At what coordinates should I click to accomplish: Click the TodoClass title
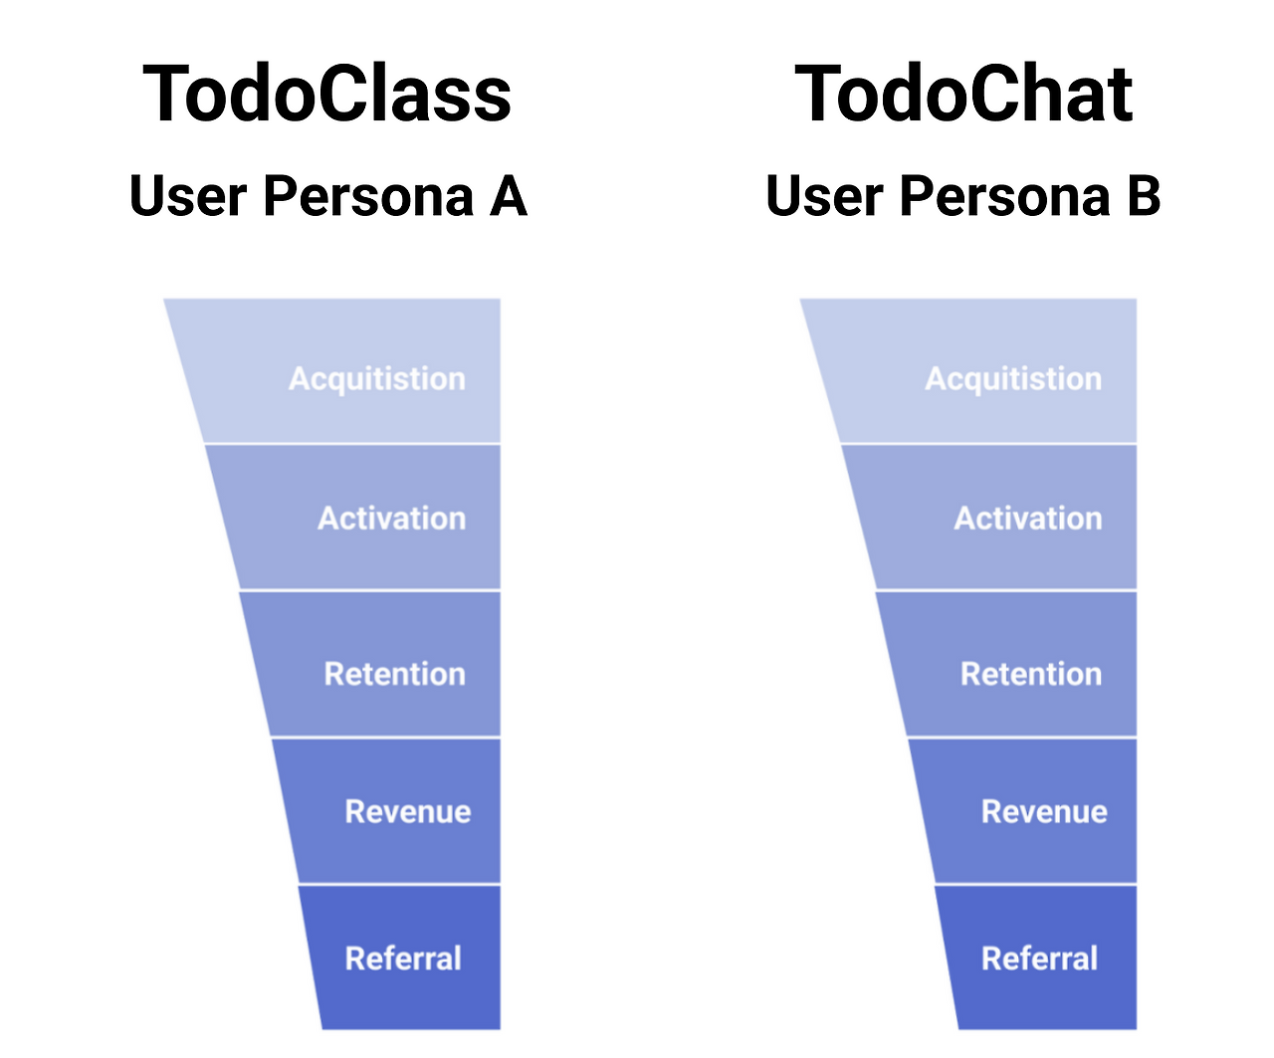tap(326, 94)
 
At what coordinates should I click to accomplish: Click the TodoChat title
tap(963, 94)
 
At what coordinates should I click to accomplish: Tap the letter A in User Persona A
tap(508, 195)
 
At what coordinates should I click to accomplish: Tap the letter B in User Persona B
tap(1144, 195)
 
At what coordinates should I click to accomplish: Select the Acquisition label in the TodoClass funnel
tap(377, 378)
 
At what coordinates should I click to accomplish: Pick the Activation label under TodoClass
tap(391, 518)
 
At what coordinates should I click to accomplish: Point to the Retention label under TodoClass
tap(394, 674)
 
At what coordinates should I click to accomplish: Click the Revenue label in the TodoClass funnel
tap(407, 811)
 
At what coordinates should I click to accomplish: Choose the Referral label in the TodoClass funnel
tap(403, 957)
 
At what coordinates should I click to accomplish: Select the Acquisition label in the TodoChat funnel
tap(1013, 378)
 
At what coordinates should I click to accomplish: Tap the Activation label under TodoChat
tap(1028, 518)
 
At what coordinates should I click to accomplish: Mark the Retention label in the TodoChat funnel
tap(1031, 674)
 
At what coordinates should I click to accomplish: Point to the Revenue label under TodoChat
tap(1044, 811)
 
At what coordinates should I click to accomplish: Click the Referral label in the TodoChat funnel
tap(1040, 957)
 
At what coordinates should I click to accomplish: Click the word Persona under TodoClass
tap(368, 195)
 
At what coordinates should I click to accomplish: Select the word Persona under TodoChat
tap(1005, 195)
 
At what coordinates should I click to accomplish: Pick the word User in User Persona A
tap(188, 195)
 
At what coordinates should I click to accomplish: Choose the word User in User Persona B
tap(824, 195)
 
